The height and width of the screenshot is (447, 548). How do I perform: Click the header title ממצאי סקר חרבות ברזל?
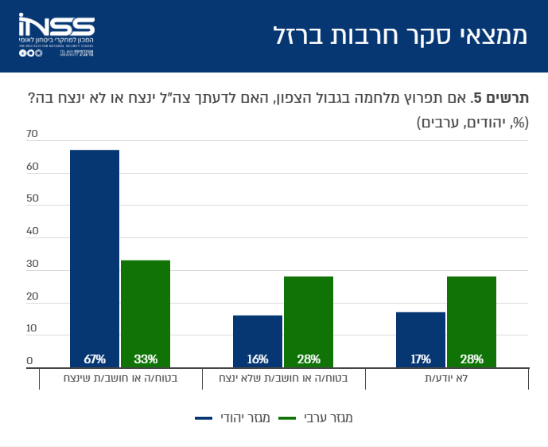pyautogui.click(x=400, y=36)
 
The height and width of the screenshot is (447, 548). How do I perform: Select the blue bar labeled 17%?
pyautogui.click(x=421, y=339)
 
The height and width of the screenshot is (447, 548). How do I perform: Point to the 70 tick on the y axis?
pyautogui.click(x=32, y=134)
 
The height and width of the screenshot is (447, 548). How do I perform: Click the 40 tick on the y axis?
pyautogui.click(x=32, y=231)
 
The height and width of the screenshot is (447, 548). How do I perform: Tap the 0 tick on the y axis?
pyautogui.click(x=29, y=361)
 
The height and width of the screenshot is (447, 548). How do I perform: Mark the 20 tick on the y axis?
pyautogui.click(x=32, y=296)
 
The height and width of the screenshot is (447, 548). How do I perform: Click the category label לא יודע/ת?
pyautogui.click(x=446, y=378)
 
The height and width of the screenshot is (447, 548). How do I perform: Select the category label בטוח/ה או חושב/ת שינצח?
pyautogui.click(x=120, y=378)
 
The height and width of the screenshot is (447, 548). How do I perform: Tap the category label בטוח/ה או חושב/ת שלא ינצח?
pyautogui.click(x=283, y=378)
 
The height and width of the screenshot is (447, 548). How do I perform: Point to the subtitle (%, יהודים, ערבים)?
pyautogui.click(x=472, y=122)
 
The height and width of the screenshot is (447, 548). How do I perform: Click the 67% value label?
pyautogui.click(x=95, y=359)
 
